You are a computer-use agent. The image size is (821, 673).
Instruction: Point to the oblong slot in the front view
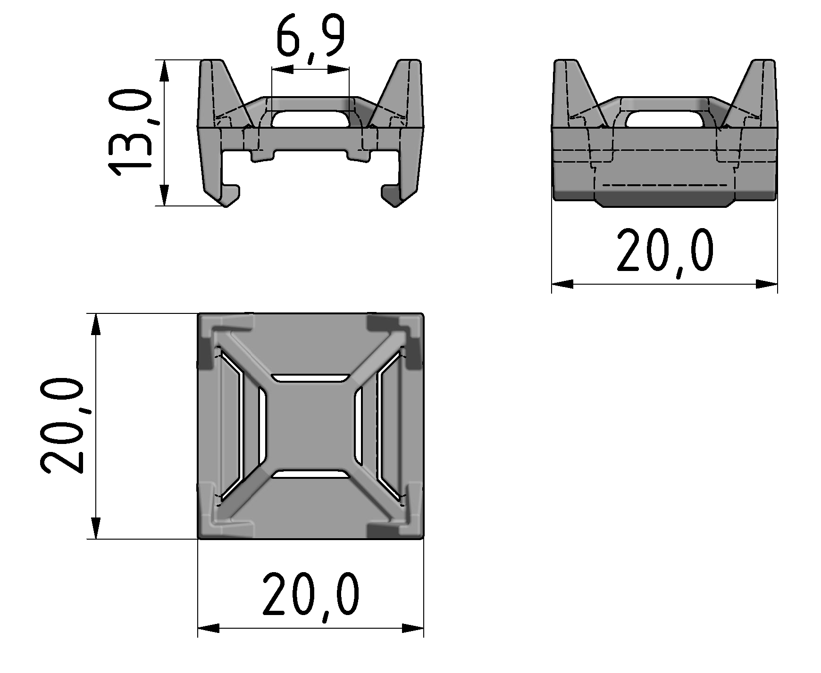(310, 119)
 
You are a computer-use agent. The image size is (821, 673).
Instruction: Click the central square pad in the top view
(310, 427)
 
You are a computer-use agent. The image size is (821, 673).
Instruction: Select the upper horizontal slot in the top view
(310, 378)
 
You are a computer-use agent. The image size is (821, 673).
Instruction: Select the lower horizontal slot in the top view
(310, 474)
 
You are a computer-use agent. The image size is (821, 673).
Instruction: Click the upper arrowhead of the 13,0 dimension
(164, 71)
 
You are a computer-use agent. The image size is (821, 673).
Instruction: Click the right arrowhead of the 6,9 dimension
(339, 70)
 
